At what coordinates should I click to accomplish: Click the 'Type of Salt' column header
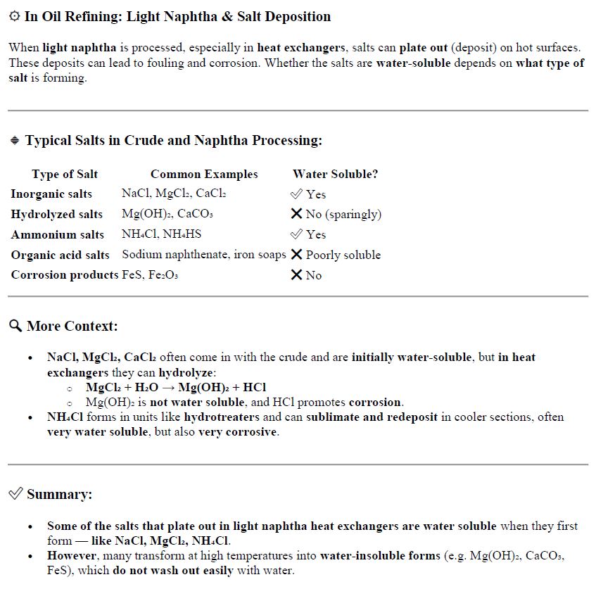tap(65, 175)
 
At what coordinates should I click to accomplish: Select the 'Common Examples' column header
tap(204, 175)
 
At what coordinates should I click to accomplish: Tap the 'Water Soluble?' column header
tap(335, 175)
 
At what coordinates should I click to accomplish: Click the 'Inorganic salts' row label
tap(51, 194)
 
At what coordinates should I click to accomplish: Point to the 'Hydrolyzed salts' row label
tap(56, 215)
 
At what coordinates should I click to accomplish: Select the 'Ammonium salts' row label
tap(57, 235)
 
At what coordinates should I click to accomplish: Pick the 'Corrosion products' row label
tap(64, 275)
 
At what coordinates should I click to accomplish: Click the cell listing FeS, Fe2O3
tap(150, 275)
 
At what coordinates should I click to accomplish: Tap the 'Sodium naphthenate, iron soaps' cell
tap(204, 255)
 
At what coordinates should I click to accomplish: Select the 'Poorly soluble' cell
tap(343, 255)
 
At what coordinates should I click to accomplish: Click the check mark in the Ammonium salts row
tap(297, 234)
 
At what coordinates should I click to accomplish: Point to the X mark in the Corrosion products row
tap(297, 275)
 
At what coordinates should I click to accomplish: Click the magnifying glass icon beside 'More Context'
tap(15, 326)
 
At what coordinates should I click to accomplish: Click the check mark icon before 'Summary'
tap(15, 494)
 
